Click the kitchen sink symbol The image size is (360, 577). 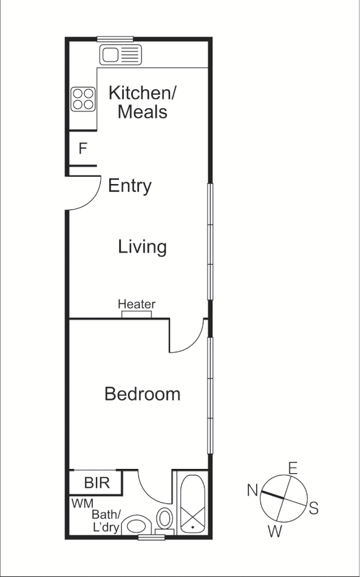point(120,55)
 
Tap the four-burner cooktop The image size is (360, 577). point(83,99)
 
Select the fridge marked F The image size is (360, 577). point(83,148)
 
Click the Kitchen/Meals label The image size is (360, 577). point(142,102)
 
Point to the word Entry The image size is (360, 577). point(129,186)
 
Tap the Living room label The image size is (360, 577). point(142,247)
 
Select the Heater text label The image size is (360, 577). point(137,304)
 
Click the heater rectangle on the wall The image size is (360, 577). point(137,315)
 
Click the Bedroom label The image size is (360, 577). point(142,394)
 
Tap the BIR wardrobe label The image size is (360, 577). point(97,483)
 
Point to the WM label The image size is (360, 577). point(82,504)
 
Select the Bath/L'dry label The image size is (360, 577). point(107,521)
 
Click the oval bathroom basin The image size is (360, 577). point(137,526)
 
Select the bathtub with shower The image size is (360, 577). point(193,504)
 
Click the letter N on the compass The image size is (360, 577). point(253,490)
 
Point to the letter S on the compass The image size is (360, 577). point(313,508)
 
